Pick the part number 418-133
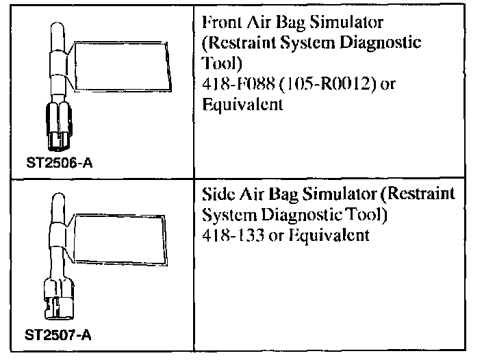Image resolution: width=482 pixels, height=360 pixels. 229,235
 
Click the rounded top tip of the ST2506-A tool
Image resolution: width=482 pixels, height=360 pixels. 55,27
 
